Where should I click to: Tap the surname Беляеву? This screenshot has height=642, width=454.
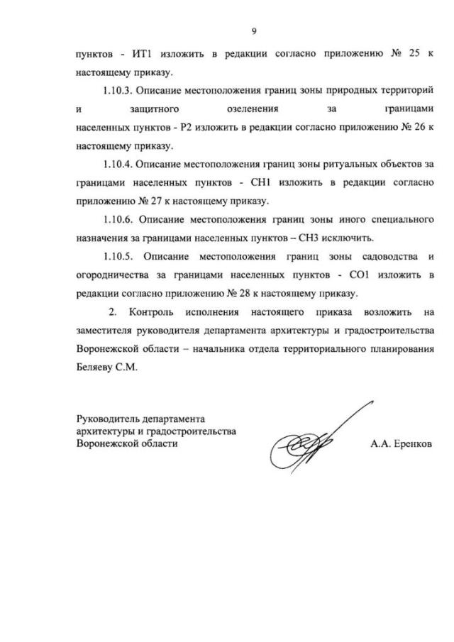coord(94,367)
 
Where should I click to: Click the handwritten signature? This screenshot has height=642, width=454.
coord(312,443)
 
